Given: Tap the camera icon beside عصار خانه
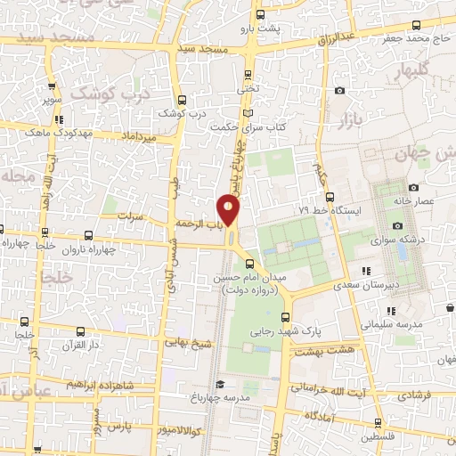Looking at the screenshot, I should click(x=413, y=187).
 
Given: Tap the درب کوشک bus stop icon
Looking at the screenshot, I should click(x=182, y=100).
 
